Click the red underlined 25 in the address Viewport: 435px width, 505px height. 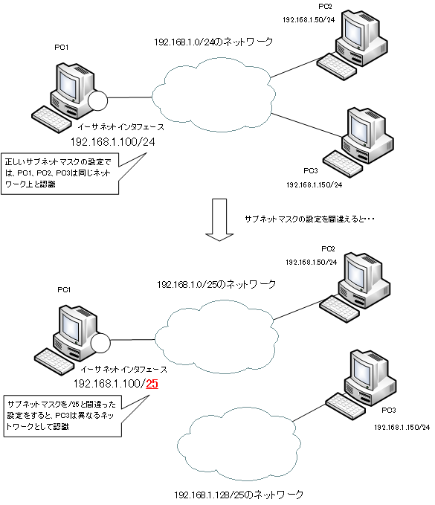(x=152, y=384)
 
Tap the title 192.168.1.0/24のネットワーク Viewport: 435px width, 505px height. (x=213, y=44)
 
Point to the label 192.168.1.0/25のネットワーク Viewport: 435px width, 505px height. (x=216, y=284)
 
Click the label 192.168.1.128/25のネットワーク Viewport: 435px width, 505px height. (x=239, y=494)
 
